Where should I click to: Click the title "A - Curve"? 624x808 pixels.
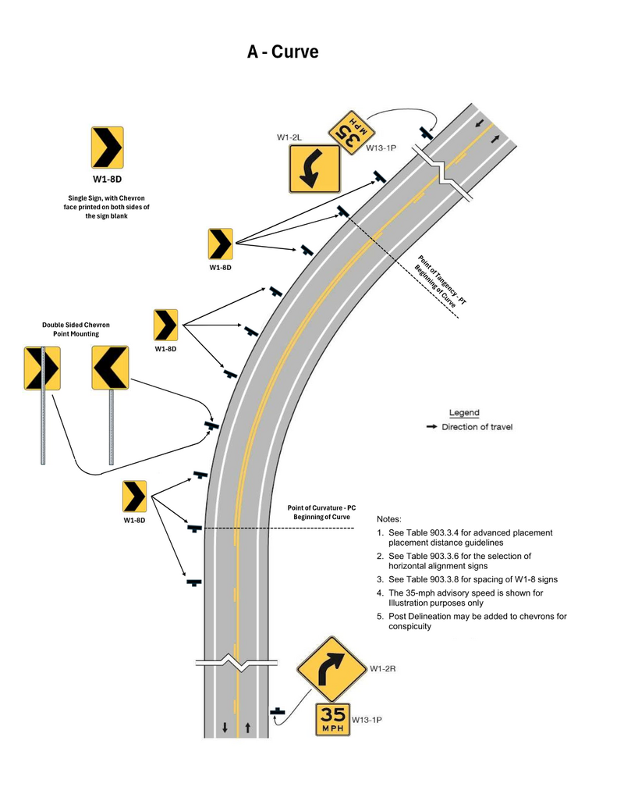[282, 52]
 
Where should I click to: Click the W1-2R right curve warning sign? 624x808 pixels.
[331, 668]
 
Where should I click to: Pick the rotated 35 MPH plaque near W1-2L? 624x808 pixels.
[346, 129]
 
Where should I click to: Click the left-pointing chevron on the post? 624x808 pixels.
[110, 368]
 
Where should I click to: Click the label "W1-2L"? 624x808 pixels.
[289, 137]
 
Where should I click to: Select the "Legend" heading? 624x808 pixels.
[464, 412]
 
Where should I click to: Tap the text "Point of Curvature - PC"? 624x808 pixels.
[321, 507]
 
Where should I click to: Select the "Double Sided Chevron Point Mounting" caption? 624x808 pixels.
[76, 329]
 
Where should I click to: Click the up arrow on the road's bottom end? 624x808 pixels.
[247, 728]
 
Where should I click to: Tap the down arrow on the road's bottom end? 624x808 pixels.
[225, 728]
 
